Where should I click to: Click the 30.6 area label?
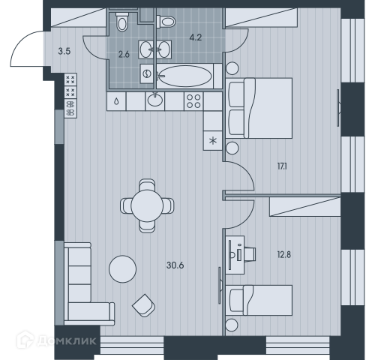pos(175,265)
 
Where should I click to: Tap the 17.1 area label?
pos(282,166)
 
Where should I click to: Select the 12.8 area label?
pos(284,255)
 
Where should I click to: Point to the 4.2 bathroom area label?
pos(195,37)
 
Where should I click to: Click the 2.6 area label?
pos(124,54)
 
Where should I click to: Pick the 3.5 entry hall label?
pos(64,52)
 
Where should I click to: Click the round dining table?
pos(147,205)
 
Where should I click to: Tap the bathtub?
pos(185,76)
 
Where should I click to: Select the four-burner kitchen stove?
pos(193,101)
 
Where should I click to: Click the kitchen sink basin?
pos(155,100)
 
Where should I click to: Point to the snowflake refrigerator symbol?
pos(213,141)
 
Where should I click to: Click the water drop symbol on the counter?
pos(116,101)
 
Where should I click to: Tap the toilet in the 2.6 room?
pos(122,22)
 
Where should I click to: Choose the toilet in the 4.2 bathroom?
pos(166,22)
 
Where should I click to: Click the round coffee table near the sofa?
pos(122,269)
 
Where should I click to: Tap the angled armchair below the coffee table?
pos(143,305)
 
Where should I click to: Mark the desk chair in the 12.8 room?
pos(250,254)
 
